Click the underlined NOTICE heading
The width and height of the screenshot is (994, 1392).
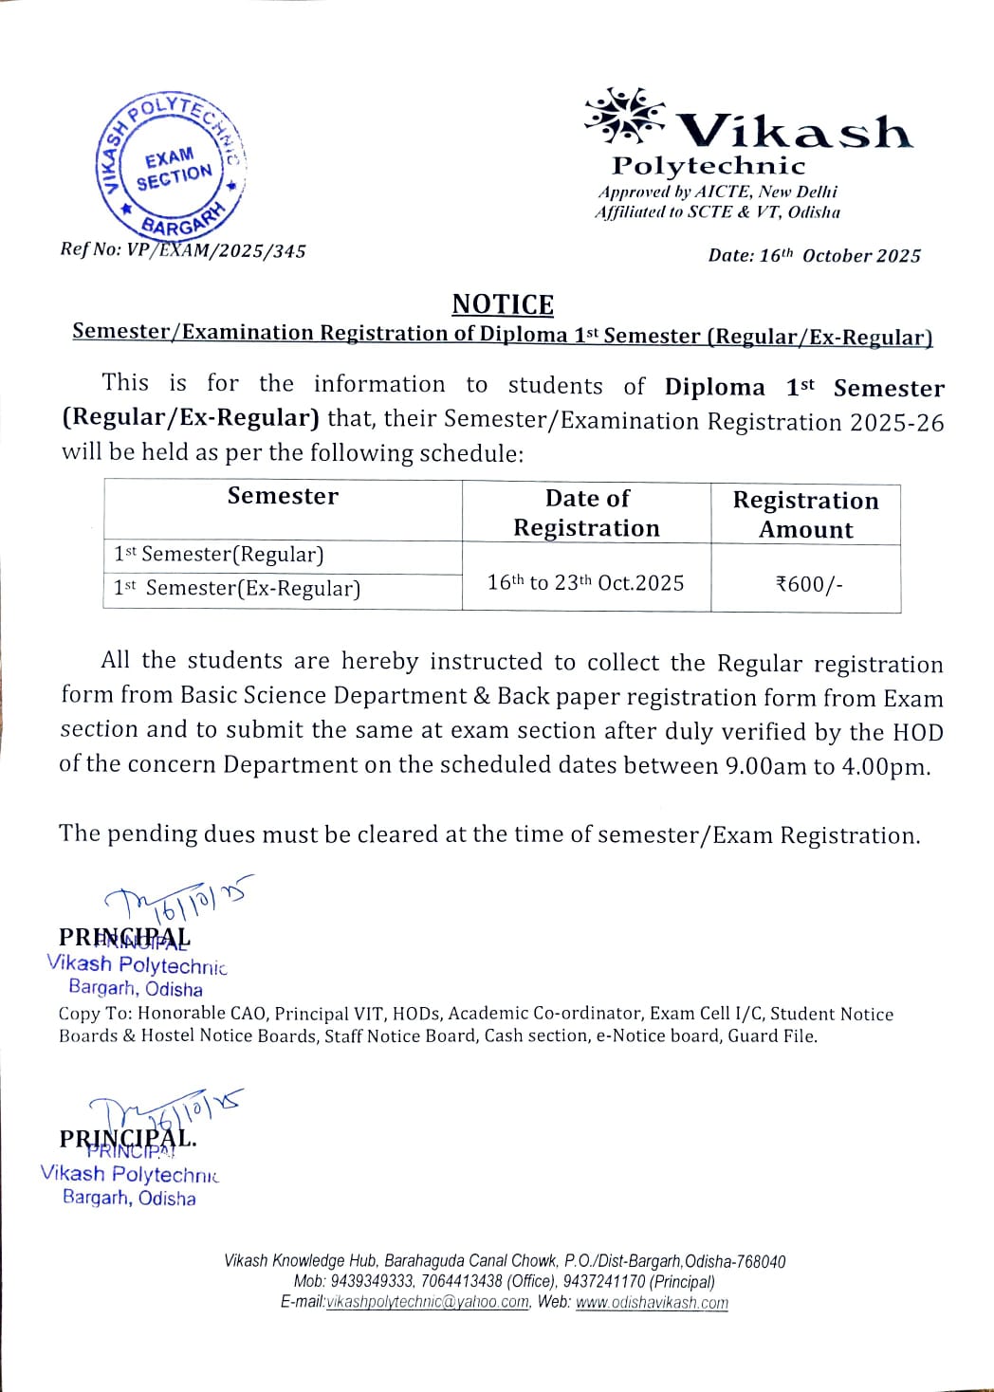pyautogui.click(x=503, y=304)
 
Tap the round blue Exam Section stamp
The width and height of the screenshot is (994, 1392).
pyautogui.click(x=172, y=167)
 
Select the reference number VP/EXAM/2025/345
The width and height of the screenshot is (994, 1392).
pyautogui.click(x=216, y=250)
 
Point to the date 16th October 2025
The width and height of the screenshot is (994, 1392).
pyautogui.click(x=839, y=255)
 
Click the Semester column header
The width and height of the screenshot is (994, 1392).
pyautogui.click(x=283, y=496)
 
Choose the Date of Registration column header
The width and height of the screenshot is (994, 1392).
pyautogui.click(x=586, y=513)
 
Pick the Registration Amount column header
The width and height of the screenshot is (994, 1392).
pyautogui.click(x=805, y=515)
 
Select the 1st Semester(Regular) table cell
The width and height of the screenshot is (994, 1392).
pyautogui.click(x=219, y=555)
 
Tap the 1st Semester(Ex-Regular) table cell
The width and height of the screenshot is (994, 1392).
pyautogui.click(x=237, y=588)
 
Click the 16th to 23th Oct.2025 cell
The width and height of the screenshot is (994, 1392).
pyautogui.click(x=585, y=582)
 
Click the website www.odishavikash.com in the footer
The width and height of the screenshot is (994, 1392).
pyautogui.click(x=652, y=1302)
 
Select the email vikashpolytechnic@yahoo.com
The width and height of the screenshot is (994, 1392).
pyautogui.click(x=428, y=1302)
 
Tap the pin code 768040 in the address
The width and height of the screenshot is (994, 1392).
pyautogui.click(x=761, y=1261)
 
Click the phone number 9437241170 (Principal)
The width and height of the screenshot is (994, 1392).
pyautogui.click(x=603, y=1281)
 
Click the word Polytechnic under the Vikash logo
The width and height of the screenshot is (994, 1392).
pyautogui.click(x=709, y=166)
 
